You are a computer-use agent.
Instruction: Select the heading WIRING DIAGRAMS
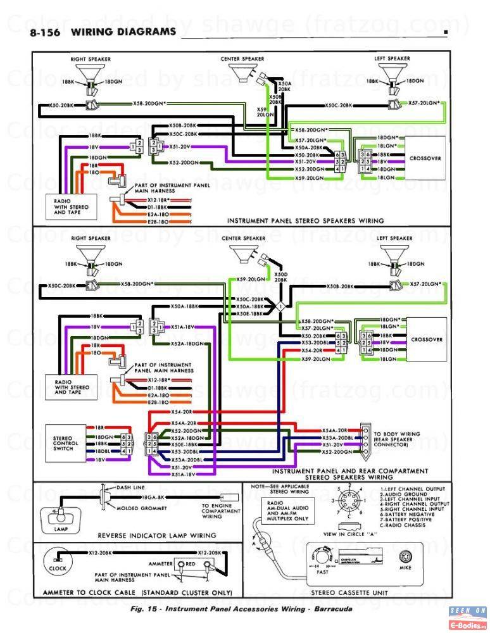[x=124, y=31]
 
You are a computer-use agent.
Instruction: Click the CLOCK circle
[x=58, y=563]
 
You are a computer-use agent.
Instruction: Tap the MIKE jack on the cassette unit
[x=406, y=561]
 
